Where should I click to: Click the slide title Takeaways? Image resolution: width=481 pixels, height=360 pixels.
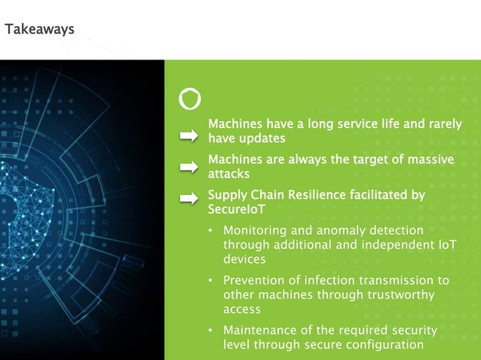(39, 29)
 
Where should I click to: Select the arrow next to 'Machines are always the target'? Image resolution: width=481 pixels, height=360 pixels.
(188, 166)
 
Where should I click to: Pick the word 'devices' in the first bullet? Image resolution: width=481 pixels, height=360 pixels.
(245, 258)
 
